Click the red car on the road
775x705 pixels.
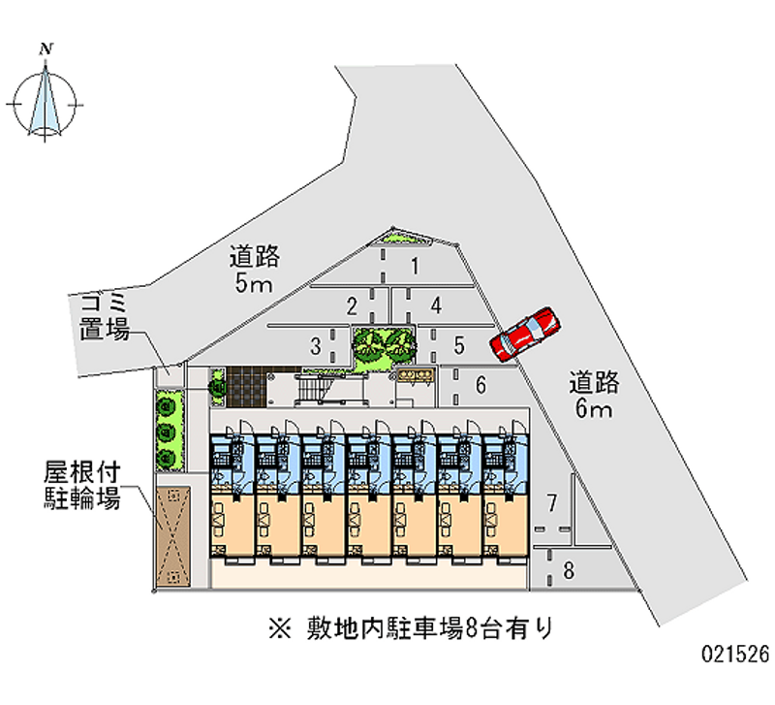524,333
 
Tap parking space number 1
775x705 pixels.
414,267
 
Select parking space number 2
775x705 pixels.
353,306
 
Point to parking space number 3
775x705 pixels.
437,305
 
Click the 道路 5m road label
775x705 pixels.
254,270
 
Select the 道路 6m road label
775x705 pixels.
594,395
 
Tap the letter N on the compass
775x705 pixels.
46,46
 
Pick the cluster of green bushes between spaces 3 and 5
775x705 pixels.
384,345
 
